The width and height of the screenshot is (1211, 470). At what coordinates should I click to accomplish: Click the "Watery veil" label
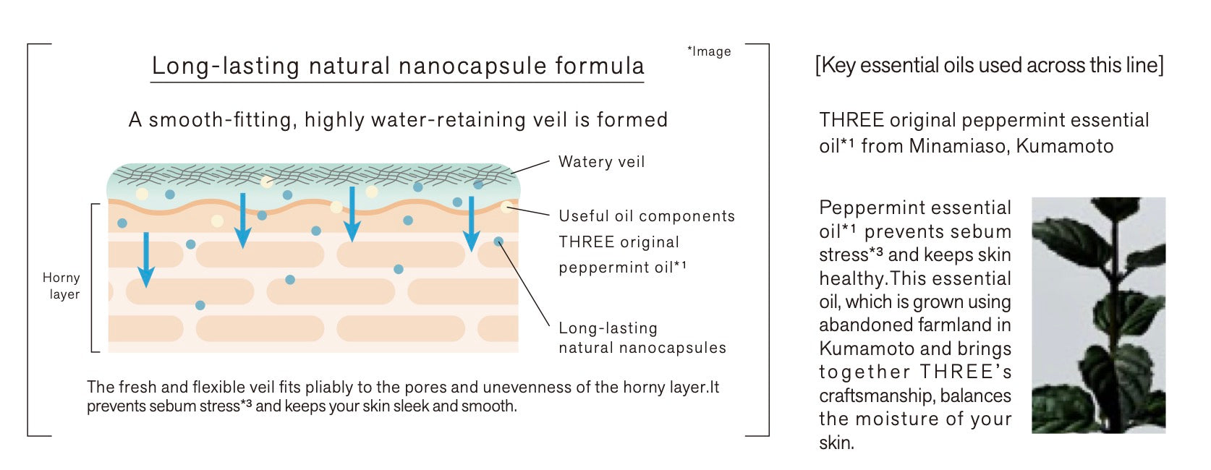click(601, 161)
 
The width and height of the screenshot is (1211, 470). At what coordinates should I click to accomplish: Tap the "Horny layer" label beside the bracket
click(61, 286)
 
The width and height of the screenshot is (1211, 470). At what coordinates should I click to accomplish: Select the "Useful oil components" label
click(647, 216)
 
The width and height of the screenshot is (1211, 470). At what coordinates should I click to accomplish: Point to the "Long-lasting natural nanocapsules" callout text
click(642, 338)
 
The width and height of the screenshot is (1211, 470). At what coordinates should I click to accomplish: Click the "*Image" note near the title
click(709, 51)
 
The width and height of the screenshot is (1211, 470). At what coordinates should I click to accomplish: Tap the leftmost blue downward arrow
click(146, 260)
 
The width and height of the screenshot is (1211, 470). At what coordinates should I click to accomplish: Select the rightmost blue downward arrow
click(472, 223)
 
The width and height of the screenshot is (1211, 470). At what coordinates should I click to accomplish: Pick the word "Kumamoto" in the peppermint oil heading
click(1064, 146)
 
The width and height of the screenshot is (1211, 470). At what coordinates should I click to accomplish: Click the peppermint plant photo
click(1099, 315)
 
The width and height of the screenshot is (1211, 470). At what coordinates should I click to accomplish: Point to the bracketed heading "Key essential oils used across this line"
click(990, 65)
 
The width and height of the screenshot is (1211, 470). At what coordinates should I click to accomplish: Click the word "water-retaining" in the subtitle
click(449, 120)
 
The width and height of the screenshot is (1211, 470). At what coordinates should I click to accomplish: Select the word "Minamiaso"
click(959, 146)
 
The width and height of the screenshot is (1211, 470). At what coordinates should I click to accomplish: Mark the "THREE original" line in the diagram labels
click(619, 242)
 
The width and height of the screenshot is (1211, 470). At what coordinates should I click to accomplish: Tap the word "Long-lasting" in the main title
click(226, 66)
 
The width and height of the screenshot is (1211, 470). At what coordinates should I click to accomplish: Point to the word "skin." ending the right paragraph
click(836, 443)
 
